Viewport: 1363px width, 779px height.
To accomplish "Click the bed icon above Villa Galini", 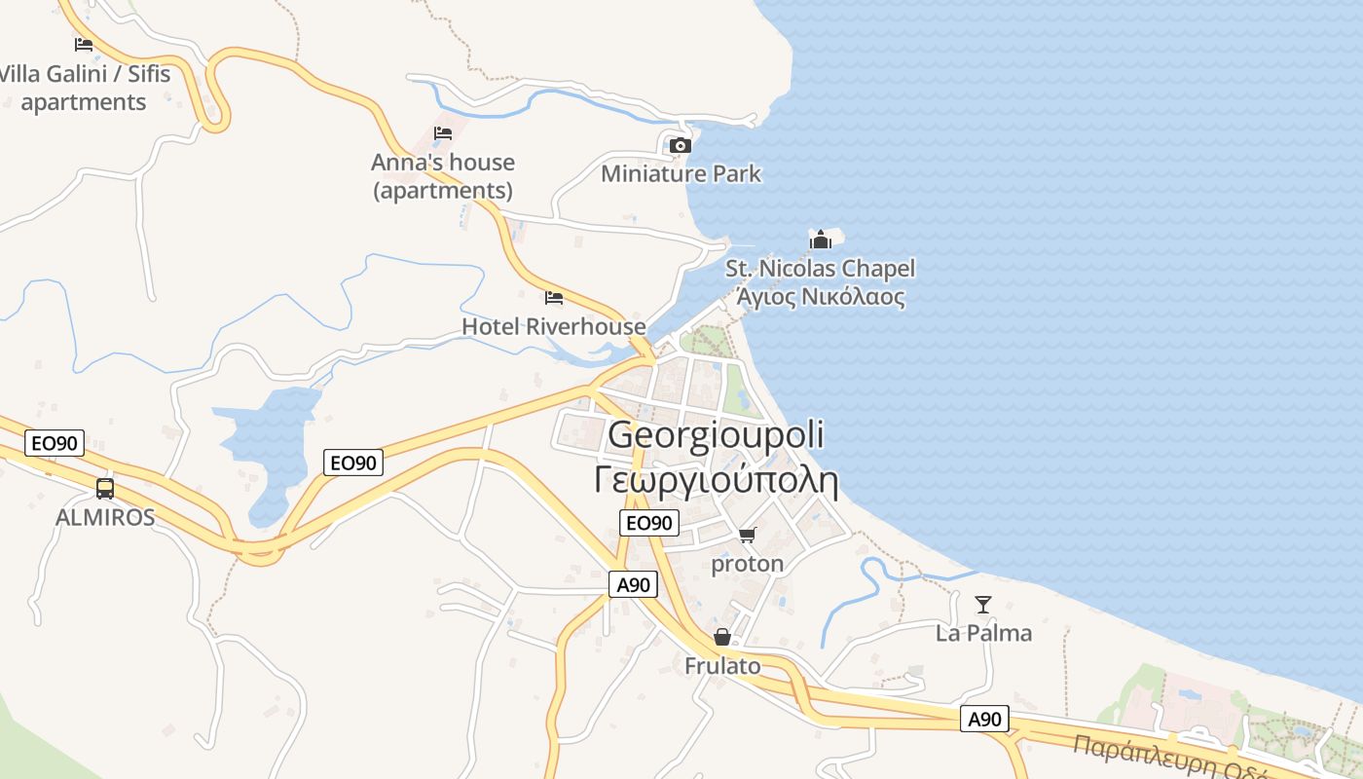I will [x=84, y=44].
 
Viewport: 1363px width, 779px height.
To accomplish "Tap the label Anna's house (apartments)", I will [x=443, y=175].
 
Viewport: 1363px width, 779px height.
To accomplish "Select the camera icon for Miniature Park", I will [x=681, y=146].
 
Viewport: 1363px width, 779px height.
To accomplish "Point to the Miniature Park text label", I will [x=681, y=174].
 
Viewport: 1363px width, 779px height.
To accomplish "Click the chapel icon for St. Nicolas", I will [x=821, y=240].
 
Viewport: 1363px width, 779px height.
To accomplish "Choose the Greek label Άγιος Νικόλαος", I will [x=821, y=297].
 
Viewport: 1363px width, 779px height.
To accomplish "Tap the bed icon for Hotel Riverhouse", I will [x=554, y=298].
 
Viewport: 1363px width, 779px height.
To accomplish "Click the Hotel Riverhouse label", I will [x=553, y=326].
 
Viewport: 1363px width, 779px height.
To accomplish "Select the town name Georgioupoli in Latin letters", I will [x=716, y=435].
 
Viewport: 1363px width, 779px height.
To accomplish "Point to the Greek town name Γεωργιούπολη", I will [x=716, y=479].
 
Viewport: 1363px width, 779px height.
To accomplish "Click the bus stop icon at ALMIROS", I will [x=105, y=489].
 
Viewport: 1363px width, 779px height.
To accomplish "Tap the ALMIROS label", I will [x=105, y=517].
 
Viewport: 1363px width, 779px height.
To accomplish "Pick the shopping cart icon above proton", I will [x=748, y=535].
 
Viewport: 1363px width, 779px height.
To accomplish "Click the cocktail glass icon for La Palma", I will [x=983, y=605].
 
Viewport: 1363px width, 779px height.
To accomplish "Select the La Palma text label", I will [x=983, y=633].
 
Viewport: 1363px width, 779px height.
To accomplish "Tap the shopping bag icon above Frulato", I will [x=722, y=638].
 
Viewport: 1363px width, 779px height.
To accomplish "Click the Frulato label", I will [x=722, y=666].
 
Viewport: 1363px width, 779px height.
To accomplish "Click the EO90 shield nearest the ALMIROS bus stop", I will [x=55, y=444].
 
